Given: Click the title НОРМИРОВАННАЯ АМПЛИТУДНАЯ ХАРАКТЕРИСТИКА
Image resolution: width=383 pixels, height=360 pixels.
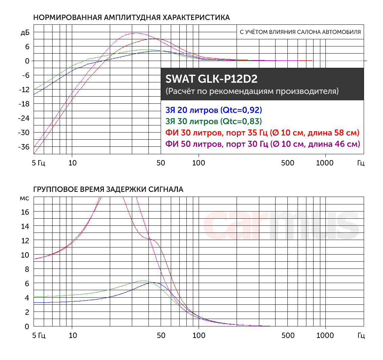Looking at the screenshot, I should point(132,18).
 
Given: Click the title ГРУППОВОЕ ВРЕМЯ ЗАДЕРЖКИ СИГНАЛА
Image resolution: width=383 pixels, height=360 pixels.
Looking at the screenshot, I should point(108,189).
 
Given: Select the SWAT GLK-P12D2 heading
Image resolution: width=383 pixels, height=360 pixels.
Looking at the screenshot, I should point(211,79).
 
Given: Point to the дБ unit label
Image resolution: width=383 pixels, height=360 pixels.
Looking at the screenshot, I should point(25,33).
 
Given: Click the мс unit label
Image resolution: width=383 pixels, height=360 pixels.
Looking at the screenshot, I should point(25,198).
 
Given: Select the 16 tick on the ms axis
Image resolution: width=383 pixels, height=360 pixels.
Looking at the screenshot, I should point(25,212).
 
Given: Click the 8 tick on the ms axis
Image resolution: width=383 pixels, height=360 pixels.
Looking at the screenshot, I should point(27,269).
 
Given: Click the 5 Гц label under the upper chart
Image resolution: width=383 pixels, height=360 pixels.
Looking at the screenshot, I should point(39,163).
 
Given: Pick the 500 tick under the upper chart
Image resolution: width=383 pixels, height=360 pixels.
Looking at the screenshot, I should point(288,163).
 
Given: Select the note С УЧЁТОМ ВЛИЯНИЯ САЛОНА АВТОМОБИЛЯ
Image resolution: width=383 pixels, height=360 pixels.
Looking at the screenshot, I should point(300,33).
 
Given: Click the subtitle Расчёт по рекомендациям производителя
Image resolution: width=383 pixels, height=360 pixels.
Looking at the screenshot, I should point(252,91).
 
